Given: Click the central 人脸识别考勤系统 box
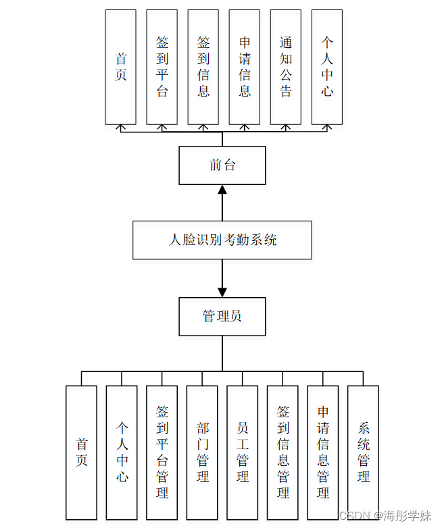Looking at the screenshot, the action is [222, 240].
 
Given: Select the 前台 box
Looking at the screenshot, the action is [222, 165].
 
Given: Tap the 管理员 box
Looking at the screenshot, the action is [222, 317].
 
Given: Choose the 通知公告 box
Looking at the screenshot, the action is [286, 67].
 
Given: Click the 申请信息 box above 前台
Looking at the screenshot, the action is [245, 67].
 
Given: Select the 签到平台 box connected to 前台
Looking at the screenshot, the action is [162, 67].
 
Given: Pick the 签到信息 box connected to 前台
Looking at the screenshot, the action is [203, 67].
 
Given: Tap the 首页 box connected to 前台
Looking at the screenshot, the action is [121, 67].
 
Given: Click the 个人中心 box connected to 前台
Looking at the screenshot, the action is [327, 67].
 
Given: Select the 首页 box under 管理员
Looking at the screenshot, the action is [81, 452].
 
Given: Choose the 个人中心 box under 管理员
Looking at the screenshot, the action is [122, 452].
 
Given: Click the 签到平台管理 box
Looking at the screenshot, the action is [162, 452].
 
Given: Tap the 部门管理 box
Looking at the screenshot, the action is [202, 452].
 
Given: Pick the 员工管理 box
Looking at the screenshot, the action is [243, 452].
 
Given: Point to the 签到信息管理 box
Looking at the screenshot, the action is [283, 452].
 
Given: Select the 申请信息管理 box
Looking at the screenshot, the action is [323, 452].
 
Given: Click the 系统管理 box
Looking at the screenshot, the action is [363, 452].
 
